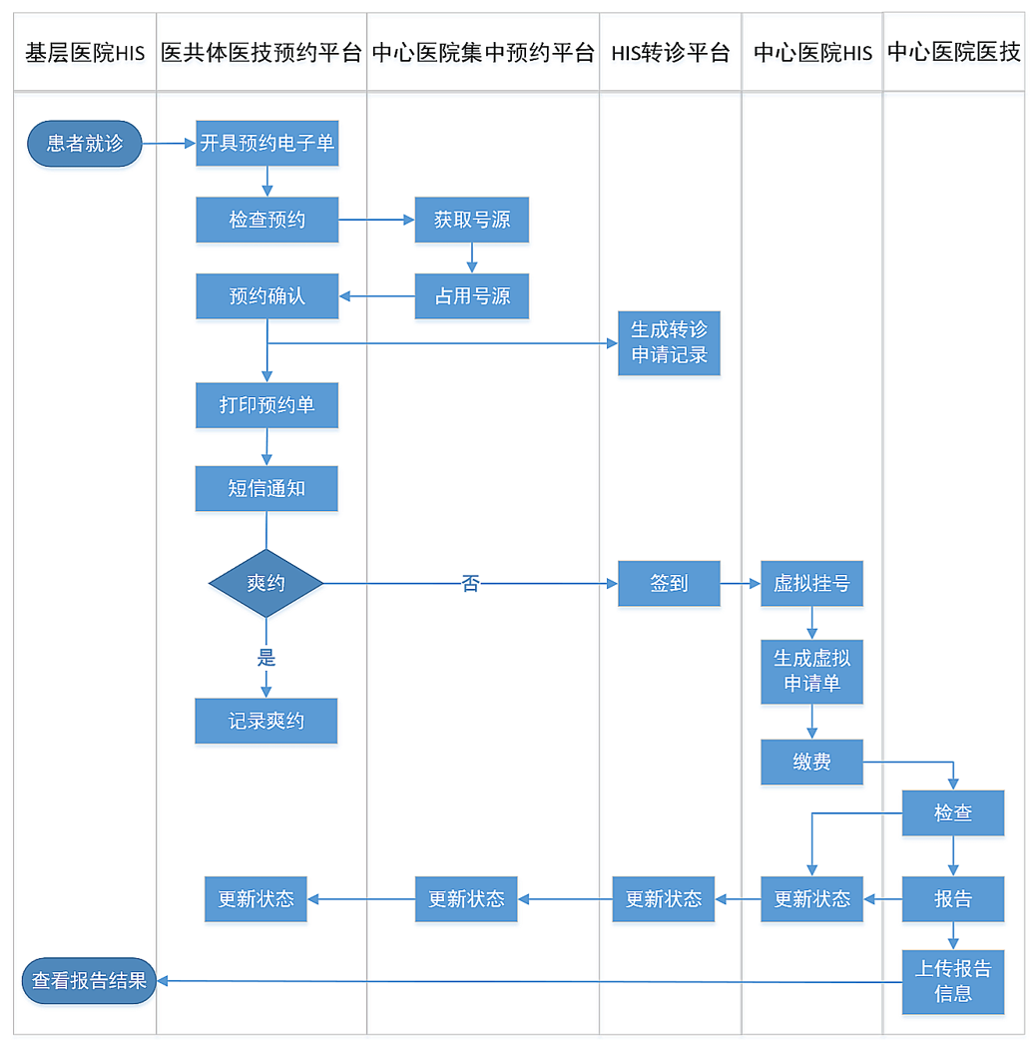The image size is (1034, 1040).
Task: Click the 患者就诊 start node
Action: pyautogui.click(x=85, y=144)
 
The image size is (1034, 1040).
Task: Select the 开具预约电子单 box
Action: pyautogui.click(x=266, y=144)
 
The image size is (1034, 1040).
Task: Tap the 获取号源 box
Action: pyautogui.click(x=471, y=220)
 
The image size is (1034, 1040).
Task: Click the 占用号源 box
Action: pyautogui.click(x=471, y=296)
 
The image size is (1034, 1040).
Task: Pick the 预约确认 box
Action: pyautogui.click(x=266, y=296)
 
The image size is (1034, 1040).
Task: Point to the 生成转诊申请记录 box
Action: pyautogui.click(x=669, y=342)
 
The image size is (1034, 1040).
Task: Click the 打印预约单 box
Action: pyautogui.click(x=266, y=405)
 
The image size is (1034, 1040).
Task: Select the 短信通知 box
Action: pyautogui.click(x=266, y=489)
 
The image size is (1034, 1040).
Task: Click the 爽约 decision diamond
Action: pyautogui.click(x=266, y=583)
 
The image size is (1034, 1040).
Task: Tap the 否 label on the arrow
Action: pyautogui.click(x=470, y=584)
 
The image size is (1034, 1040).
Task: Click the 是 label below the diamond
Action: pyautogui.click(x=266, y=658)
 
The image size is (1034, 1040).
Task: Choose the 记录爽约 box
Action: pyautogui.click(x=266, y=721)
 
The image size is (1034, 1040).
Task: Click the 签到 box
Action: pyautogui.click(x=669, y=583)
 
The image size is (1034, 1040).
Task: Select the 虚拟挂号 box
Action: pyautogui.click(x=811, y=583)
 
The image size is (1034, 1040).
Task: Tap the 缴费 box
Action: pyautogui.click(x=811, y=763)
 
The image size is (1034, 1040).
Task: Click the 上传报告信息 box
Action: pyautogui.click(x=953, y=981)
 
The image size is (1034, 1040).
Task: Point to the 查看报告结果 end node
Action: pyautogui.click(x=89, y=981)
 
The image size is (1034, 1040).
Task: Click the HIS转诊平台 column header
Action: pyautogui.click(x=671, y=53)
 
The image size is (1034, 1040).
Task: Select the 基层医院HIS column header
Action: pyautogui.click(x=85, y=53)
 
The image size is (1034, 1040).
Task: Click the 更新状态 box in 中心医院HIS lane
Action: pyautogui.click(x=811, y=898)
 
